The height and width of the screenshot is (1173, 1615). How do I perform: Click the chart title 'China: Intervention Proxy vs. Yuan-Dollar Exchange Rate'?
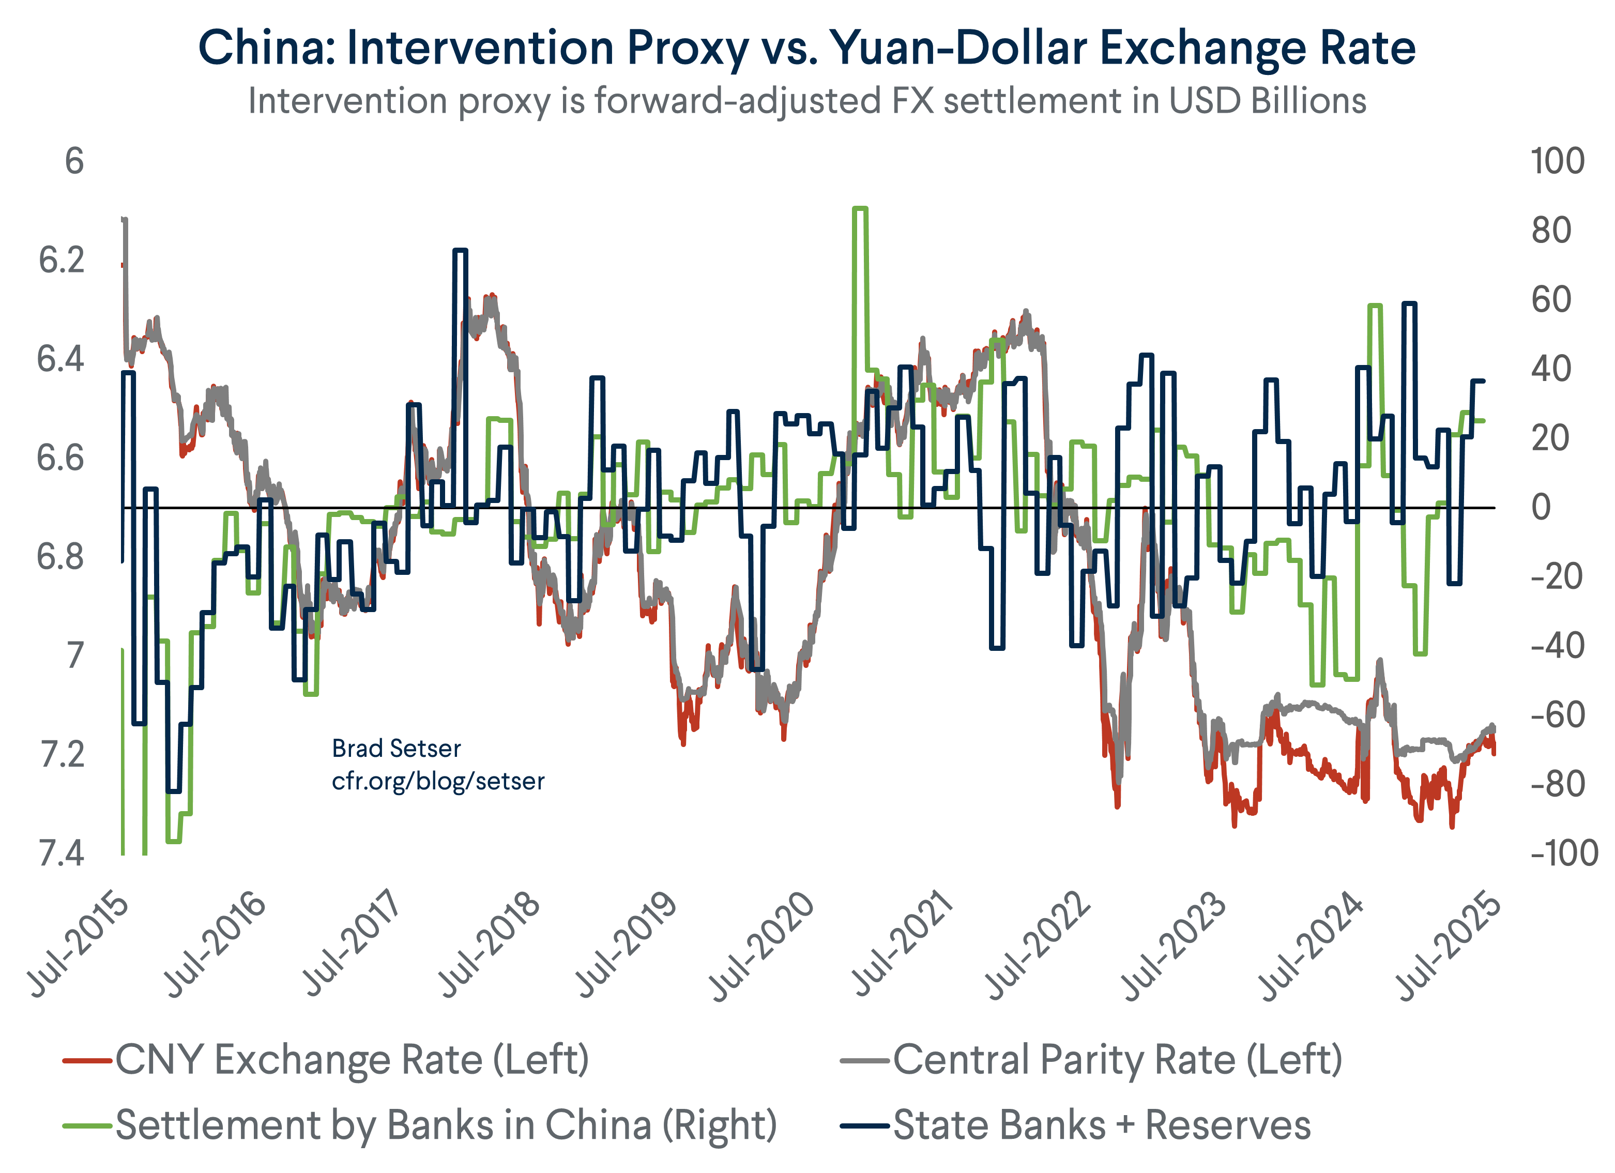pos(807,49)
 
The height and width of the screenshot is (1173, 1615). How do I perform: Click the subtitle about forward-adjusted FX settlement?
pos(807,101)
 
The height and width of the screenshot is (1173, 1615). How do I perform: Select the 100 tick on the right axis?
pos(1557,162)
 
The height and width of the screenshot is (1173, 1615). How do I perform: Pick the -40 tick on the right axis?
pos(1557,647)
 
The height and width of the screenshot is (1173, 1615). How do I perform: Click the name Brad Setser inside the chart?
pos(396,749)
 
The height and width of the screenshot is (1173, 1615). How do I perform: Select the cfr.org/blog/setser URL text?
pos(438,781)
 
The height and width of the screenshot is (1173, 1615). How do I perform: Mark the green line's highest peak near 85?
pos(860,209)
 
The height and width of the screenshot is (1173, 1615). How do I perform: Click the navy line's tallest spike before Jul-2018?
pos(460,251)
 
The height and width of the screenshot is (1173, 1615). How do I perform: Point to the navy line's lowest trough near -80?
pos(174,790)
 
